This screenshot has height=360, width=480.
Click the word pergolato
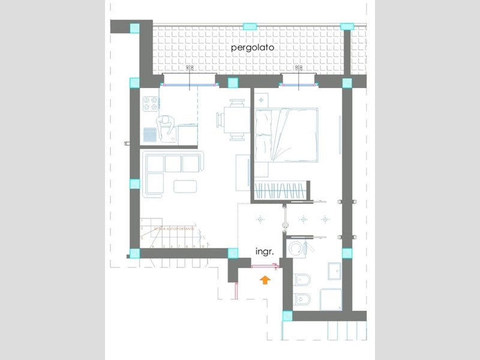click(x=250, y=46)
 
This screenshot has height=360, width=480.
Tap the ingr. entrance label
click(x=265, y=252)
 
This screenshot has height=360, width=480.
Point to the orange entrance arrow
click(x=265, y=278)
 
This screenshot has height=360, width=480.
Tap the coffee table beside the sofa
click(x=185, y=187)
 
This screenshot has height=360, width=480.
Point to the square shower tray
click(x=331, y=299)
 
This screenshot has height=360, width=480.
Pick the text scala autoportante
click(x=175, y=229)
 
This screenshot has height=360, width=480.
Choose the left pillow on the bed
click(x=265, y=122)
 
